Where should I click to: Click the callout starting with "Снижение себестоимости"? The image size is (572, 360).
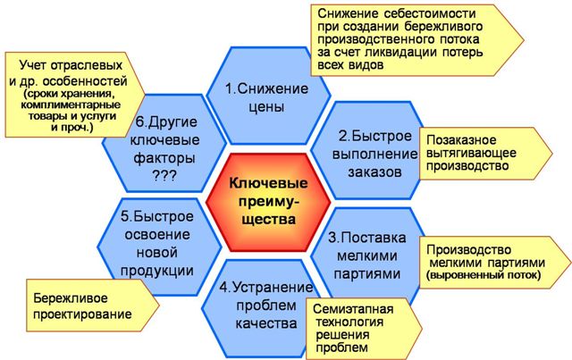tap(411, 41)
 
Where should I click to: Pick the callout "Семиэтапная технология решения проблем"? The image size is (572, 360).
tap(365, 327)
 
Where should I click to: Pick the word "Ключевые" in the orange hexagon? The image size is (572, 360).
tap(265, 182)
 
